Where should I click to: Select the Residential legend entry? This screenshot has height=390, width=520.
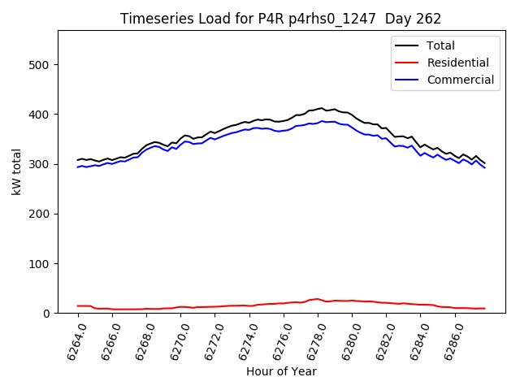(457, 63)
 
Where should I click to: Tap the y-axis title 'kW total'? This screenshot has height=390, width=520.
(17, 172)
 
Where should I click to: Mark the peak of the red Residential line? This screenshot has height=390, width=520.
(318, 299)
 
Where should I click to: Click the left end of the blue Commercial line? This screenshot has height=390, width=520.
(78, 167)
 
